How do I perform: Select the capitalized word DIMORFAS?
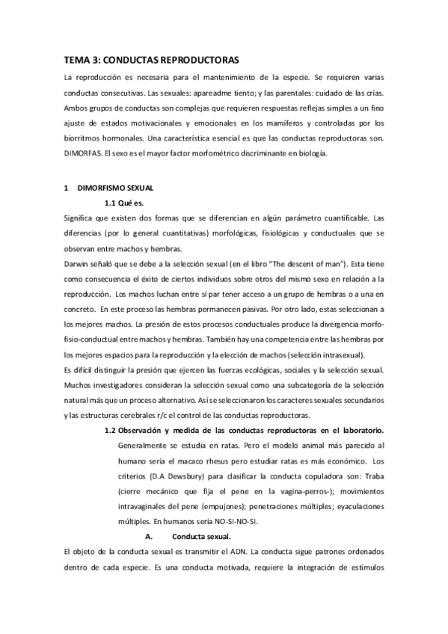pyautogui.click(x=84, y=154)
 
